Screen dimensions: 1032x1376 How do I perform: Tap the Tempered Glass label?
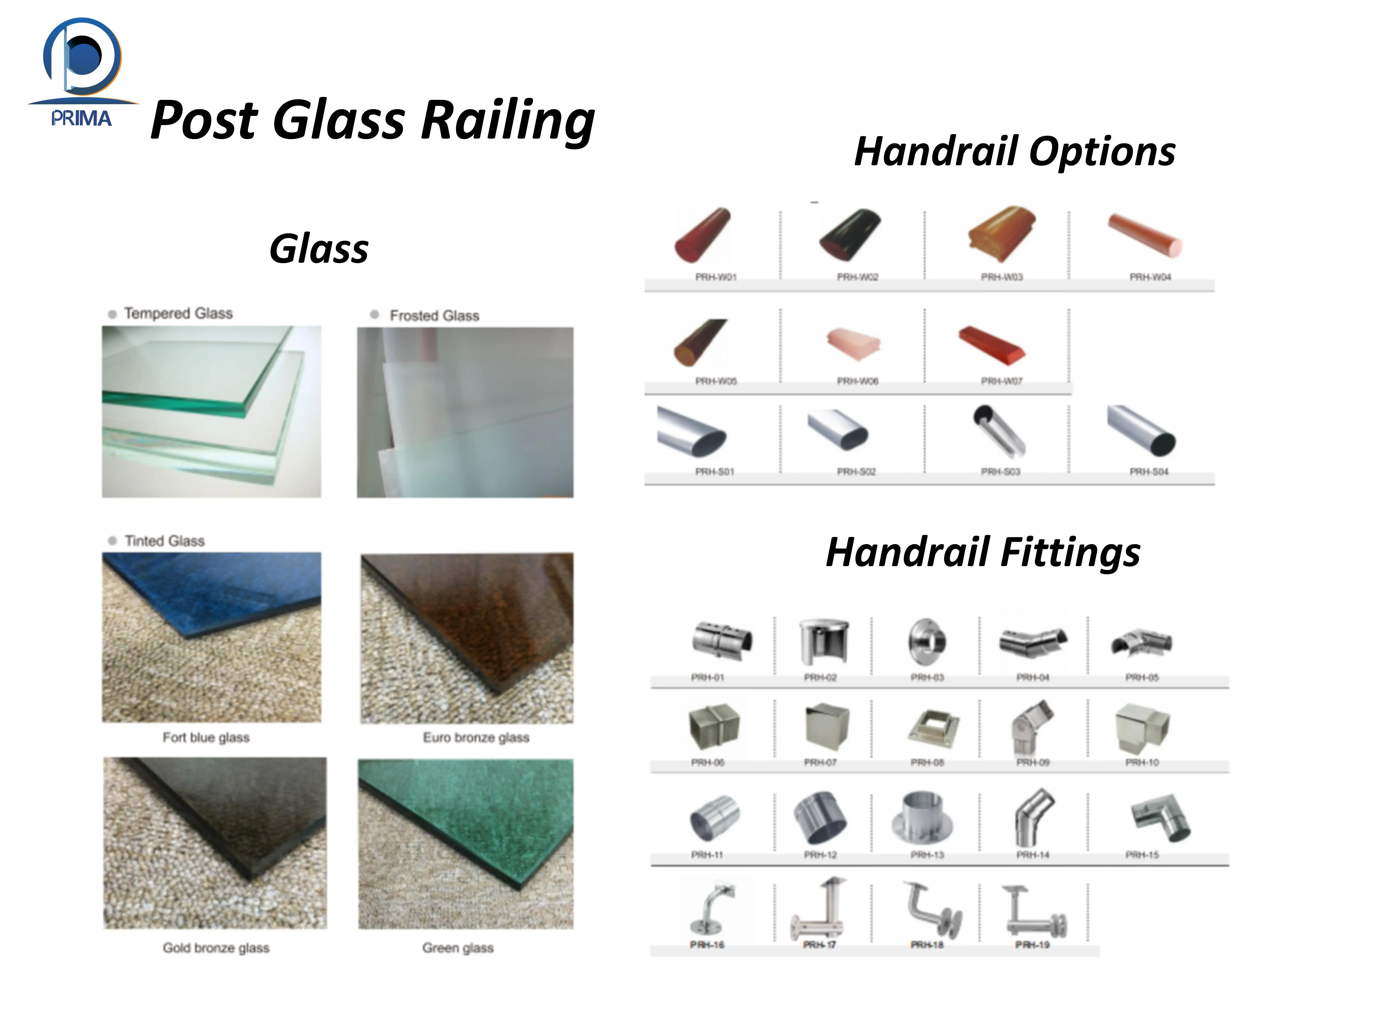tap(178, 313)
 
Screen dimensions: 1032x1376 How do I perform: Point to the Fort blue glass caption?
tap(206, 738)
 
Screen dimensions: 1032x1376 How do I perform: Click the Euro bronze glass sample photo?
tap(467, 638)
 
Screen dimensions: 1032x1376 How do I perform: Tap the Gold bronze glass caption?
tap(216, 948)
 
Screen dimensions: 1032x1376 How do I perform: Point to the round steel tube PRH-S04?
tap(1142, 430)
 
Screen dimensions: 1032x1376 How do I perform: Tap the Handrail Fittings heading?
tap(983, 552)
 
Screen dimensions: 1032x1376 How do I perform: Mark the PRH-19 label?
tap(1032, 945)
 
